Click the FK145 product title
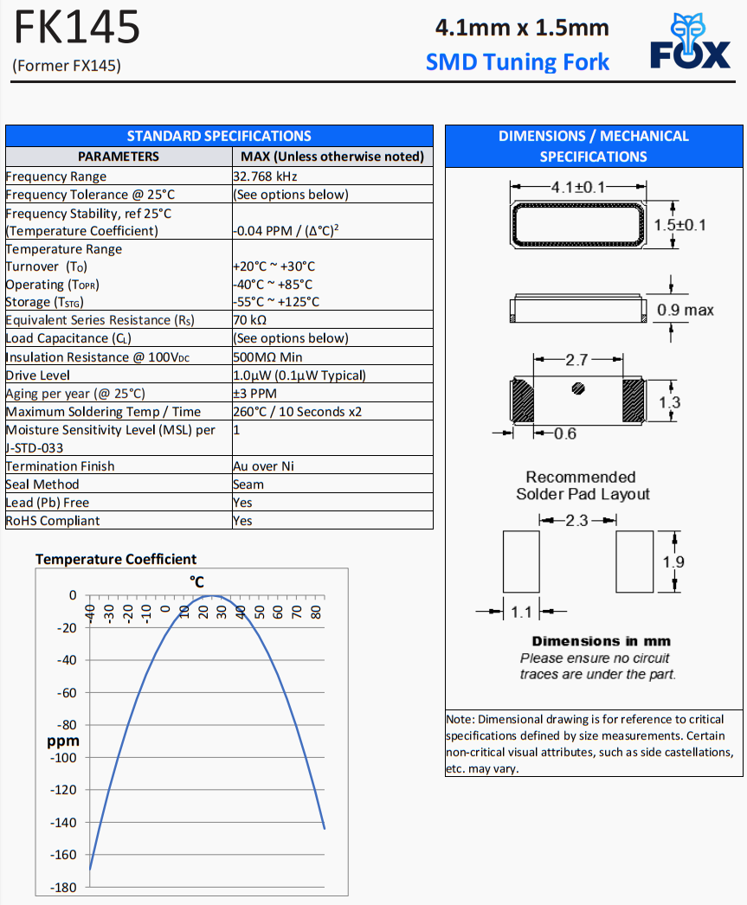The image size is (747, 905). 76,29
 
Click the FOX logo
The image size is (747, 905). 690,45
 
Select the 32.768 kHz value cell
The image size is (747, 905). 265,177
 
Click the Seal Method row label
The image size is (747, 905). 42,485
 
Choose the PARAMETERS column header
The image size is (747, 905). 119,157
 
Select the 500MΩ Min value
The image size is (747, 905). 268,357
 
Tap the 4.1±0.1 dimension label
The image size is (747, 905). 578,186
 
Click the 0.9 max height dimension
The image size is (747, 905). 686,310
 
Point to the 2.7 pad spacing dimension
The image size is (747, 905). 577,360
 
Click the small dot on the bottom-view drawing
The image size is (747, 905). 578,389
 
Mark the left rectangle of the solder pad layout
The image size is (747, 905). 521,562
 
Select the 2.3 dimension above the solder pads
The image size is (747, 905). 577,521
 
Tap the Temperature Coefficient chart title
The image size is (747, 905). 116,560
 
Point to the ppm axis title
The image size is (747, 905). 62,741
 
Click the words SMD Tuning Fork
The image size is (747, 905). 518,62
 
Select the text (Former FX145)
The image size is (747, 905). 67,66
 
